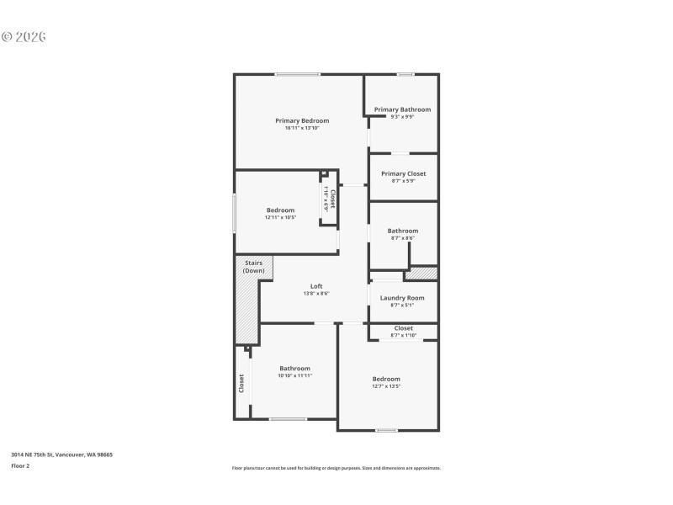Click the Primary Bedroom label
pyautogui.click(x=302, y=120)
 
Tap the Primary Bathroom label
pyautogui.click(x=402, y=109)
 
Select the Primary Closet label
pyautogui.click(x=403, y=173)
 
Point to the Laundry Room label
pyautogui.click(x=402, y=297)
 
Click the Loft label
pyautogui.click(x=316, y=286)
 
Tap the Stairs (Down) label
pyautogui.click(x=254, y=267)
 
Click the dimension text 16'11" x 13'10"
pyautogui.click(x=302, y=128)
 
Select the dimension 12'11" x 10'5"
pyautogui.click(x=280, y=217)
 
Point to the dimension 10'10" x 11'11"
pyautogui.click(x=295, y=375)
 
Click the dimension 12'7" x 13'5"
pyautogui.click(x=386, y=386)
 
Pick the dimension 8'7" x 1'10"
pyautogui.click(x=403, y=335)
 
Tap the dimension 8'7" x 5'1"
pyautogui.click(x=402, y=305)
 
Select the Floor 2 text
pyautogui.click(x=20, y=465)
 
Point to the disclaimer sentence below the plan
pyautogui.click(x=336, y=468)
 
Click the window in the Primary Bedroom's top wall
pyautogui.click(x=298, y=75)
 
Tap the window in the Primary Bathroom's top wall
pyautogui.click(x=405, y=75)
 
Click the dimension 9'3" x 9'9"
pyautogui.click(x=402, y=117)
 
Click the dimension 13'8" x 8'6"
pyautogui.click(x=316, y=294)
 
